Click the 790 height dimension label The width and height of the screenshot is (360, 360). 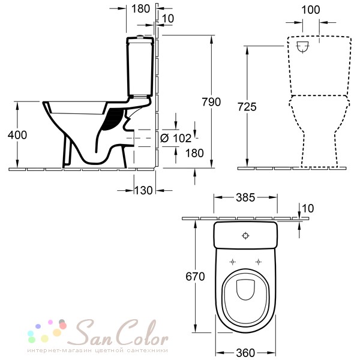(211, 102)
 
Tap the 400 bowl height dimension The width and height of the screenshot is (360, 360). (17, 135)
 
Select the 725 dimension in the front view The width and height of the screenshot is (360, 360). (247, 107)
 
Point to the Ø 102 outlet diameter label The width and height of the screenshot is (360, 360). (176, 138)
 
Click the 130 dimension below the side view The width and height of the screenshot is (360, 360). (143, 190)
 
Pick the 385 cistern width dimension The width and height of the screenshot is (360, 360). (245, 197)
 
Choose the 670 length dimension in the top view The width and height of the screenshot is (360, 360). (195, 277)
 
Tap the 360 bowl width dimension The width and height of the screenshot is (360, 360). (245, 352)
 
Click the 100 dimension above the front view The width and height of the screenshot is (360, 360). (310, 10)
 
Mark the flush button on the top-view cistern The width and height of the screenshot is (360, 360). (245, 236)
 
